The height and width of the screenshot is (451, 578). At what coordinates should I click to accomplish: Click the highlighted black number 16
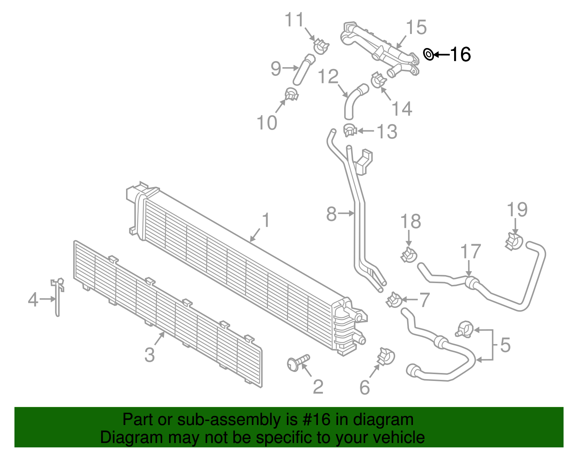[460, 55]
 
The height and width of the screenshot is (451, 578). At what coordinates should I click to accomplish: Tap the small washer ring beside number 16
[428, 55]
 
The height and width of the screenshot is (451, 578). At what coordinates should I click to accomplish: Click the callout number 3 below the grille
[150, 355]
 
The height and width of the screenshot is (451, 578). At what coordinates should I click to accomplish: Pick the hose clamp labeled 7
[393, 300]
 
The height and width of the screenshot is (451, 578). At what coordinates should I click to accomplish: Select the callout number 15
[416, 27]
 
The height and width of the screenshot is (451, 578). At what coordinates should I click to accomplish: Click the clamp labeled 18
[409, 255]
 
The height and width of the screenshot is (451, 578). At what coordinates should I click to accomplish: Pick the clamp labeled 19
[514, 241]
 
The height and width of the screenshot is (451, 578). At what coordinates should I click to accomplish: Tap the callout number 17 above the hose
[471, 252]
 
